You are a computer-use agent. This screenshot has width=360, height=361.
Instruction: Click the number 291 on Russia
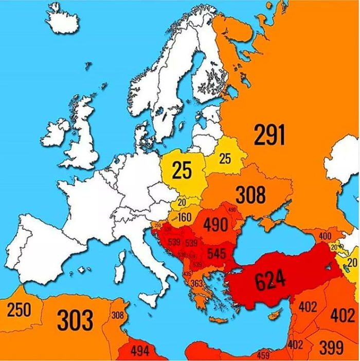pyautogui.click(x=269, y=135)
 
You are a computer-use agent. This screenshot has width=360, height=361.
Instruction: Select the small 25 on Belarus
pyautogui.click(x=225, y=159)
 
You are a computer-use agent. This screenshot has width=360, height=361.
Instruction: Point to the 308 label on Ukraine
pyautogui.click(x=250, y=195)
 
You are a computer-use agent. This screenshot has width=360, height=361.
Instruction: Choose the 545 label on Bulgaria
pyautogui.click(x=217, y=253)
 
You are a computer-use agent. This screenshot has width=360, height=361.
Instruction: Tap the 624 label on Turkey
pyautogui.click(x=269, y=280)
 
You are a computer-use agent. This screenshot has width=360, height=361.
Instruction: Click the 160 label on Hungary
pyautogui.click(x=184, y=218)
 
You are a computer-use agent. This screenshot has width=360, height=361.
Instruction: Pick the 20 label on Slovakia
pyautogui.click(x=182, y=203)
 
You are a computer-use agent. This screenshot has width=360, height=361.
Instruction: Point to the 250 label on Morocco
pyautogui.click(x=19, y=310)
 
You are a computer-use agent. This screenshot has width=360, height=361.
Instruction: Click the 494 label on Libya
pyautogui.click(x=139, y=352)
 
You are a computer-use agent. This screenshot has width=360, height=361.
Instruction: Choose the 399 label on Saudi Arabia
pyautogui.click(x=331, y=348)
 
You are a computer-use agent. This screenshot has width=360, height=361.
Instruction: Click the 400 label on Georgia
pyautogui.click(x=325, y=236)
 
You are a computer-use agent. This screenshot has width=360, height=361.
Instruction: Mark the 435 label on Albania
pyautogui.click(x=186, y=274)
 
